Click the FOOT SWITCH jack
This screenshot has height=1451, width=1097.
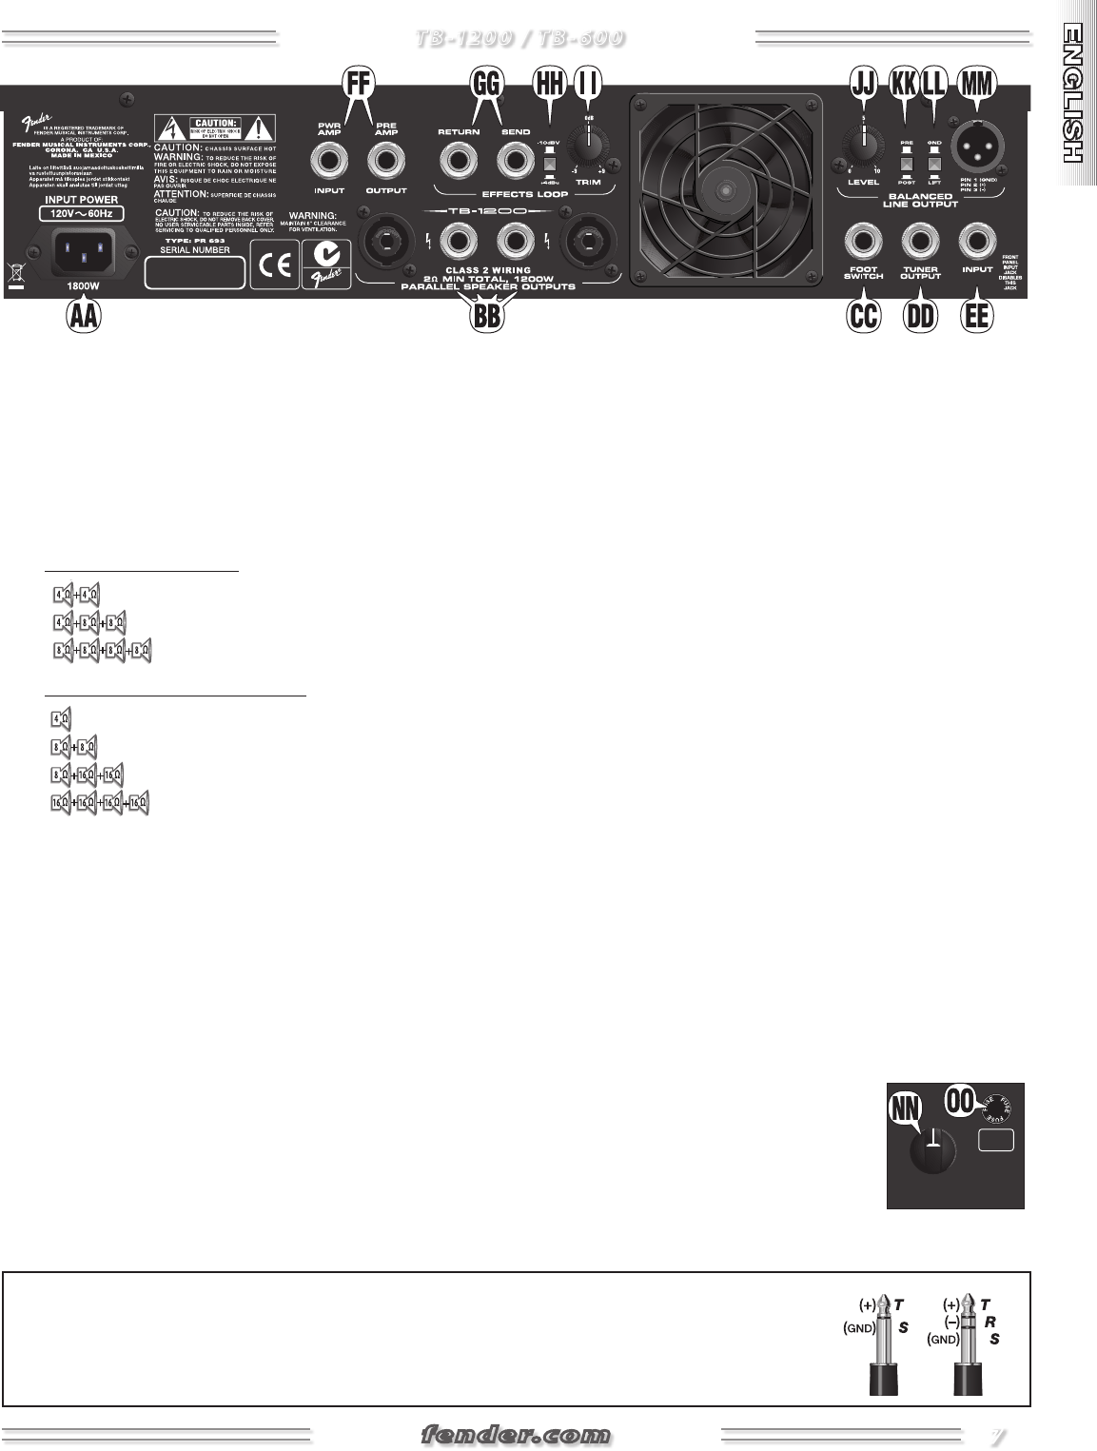[863, 238]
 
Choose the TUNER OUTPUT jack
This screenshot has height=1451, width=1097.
[920, 238]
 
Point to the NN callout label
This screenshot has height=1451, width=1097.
[909, 1107]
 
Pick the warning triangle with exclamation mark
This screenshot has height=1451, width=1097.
[256, 127]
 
